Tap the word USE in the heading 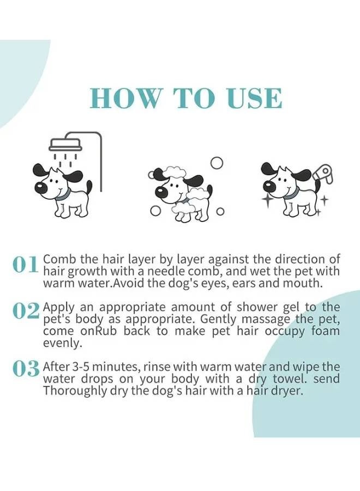pyautogui.click(x=254, y=99)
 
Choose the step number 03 pyautogui.click(x=26, y=368)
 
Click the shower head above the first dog pyautogui.click(x=65, y=144)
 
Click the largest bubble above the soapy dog pyautogui.click(x=217, y=163)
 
